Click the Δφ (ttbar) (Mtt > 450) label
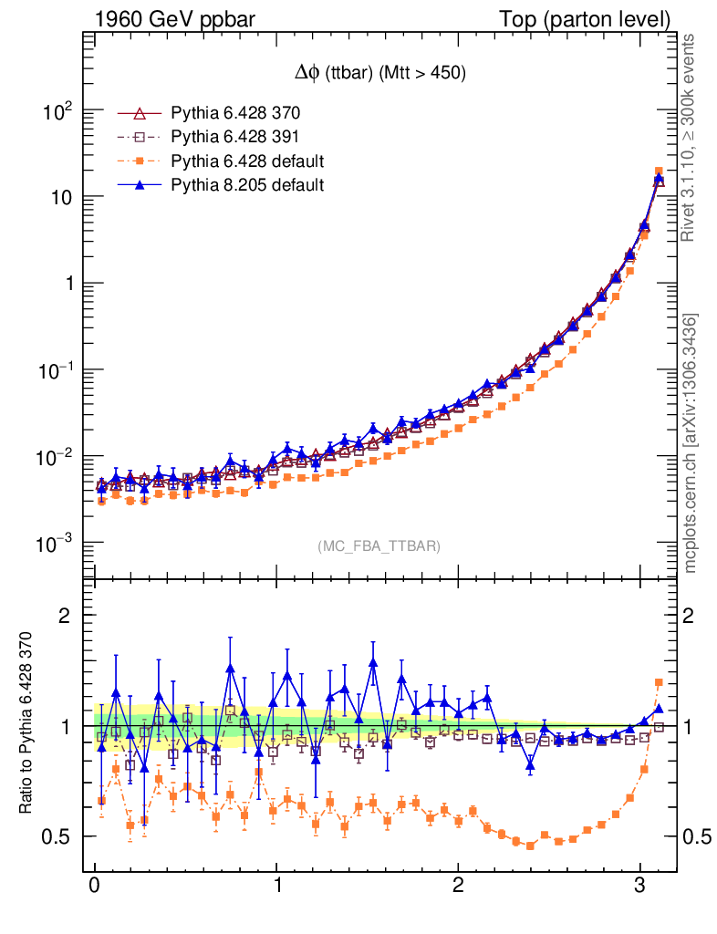point(376,75)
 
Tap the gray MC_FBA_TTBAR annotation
point(379,546)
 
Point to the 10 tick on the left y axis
point(60,198)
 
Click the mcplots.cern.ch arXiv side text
point(691,443)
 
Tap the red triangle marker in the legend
point(140,114)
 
